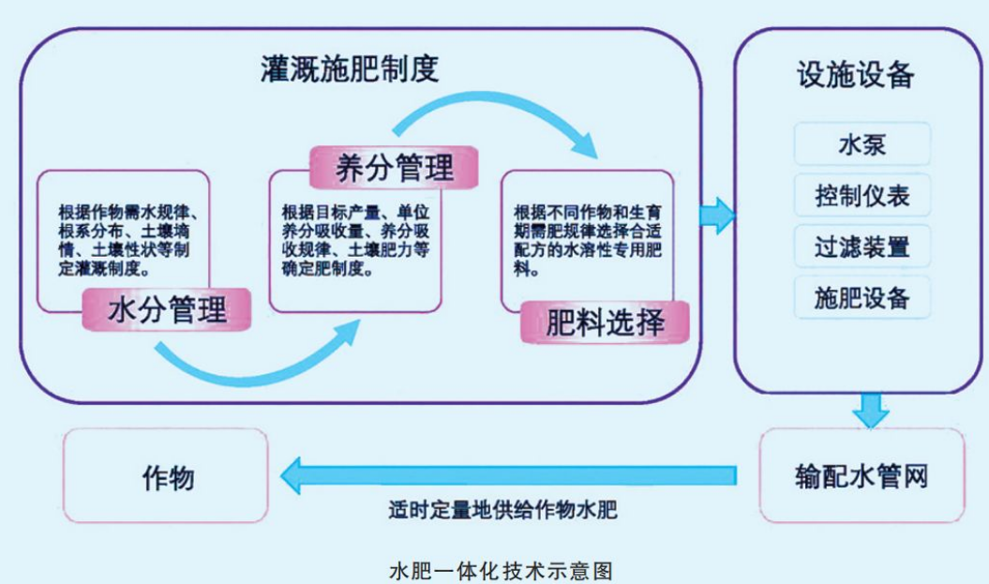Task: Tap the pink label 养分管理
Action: [x=394, y=168]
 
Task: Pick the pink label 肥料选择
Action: [x=606, y=322]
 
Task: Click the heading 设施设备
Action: [x=855, y=76]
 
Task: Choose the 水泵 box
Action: [x=862, y=145]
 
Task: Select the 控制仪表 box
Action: [x=862, y=196]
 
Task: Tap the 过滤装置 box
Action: [x=862, y=247]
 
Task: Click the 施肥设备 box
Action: [x=862, y=298]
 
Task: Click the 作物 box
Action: [x=168, y=476]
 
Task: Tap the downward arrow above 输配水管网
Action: [x=871, y=410]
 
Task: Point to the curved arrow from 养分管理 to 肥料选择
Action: [x=497, y=117]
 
